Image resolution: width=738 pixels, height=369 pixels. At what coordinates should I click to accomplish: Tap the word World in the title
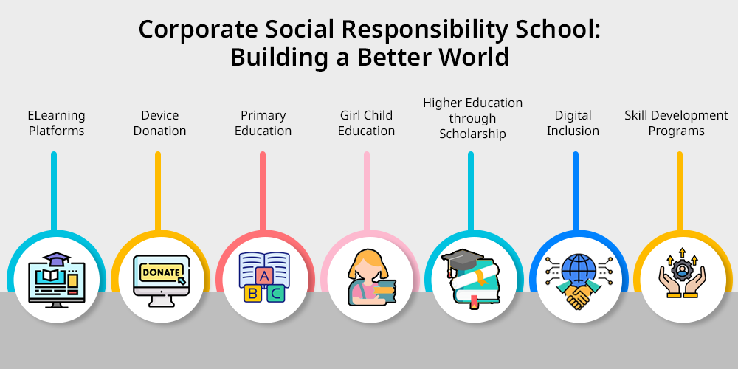coord(474,57)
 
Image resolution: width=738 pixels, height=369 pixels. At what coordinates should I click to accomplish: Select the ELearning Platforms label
coord(57,123)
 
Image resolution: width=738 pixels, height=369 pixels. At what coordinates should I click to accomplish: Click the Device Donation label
coord(159,123)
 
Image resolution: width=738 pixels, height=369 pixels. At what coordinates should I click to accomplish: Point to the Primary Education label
coord(263,123)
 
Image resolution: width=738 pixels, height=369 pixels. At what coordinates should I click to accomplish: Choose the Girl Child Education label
coord(366,123)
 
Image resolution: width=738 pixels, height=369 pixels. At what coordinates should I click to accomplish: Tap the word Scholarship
coord(472,134)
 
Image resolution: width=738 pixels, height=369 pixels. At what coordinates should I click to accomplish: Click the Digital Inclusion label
coord(573,123)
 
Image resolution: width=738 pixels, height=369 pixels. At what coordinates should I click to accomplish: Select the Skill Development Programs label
coord(676,123)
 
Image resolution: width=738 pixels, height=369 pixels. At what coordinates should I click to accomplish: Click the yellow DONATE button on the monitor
coord(161,272)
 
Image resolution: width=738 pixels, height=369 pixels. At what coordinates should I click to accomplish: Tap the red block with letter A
coord(265,276)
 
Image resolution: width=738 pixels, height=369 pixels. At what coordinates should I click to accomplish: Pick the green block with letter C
coord(276,293)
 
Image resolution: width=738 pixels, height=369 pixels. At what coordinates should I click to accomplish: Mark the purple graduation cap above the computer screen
coord(56,259)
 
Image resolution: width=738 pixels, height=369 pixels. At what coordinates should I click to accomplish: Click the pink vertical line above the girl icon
coord(367,191)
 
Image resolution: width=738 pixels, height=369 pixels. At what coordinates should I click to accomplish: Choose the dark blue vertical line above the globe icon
coord(575,191)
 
